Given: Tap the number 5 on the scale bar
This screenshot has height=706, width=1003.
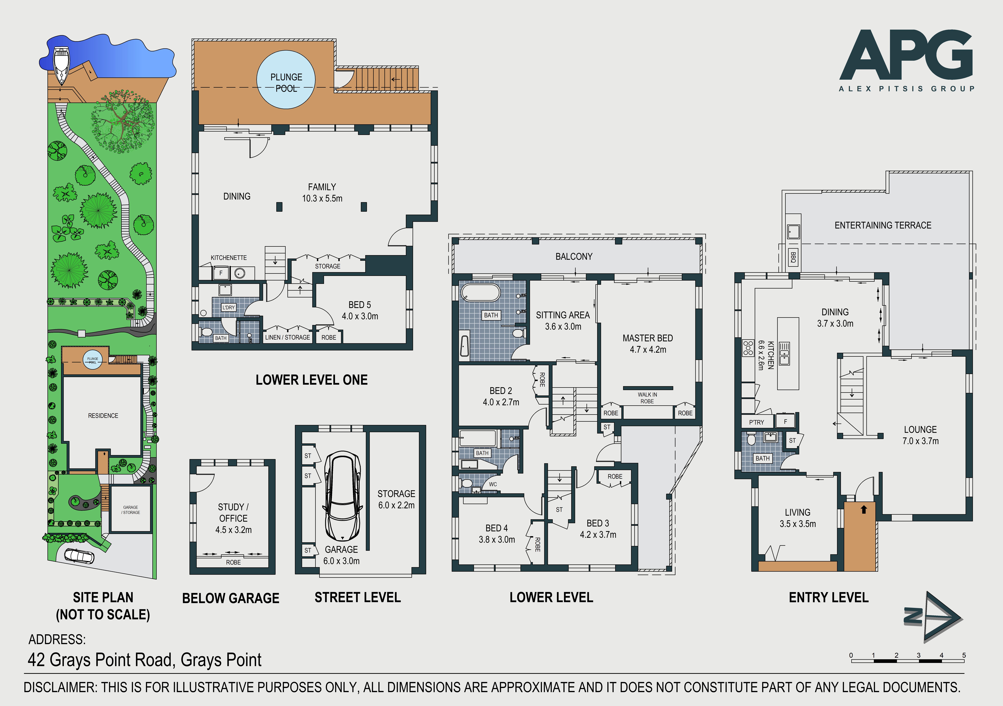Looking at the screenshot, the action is [964, 655].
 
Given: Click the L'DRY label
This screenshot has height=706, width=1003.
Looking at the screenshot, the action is [228, 308].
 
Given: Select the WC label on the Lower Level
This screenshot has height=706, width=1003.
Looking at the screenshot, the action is [493, 484].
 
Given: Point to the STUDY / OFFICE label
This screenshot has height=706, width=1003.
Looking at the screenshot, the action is [233, 512].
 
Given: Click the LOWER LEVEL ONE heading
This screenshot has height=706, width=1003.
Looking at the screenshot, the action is [311, 380].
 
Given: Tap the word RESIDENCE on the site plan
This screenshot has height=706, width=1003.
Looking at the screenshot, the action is [103, 416].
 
